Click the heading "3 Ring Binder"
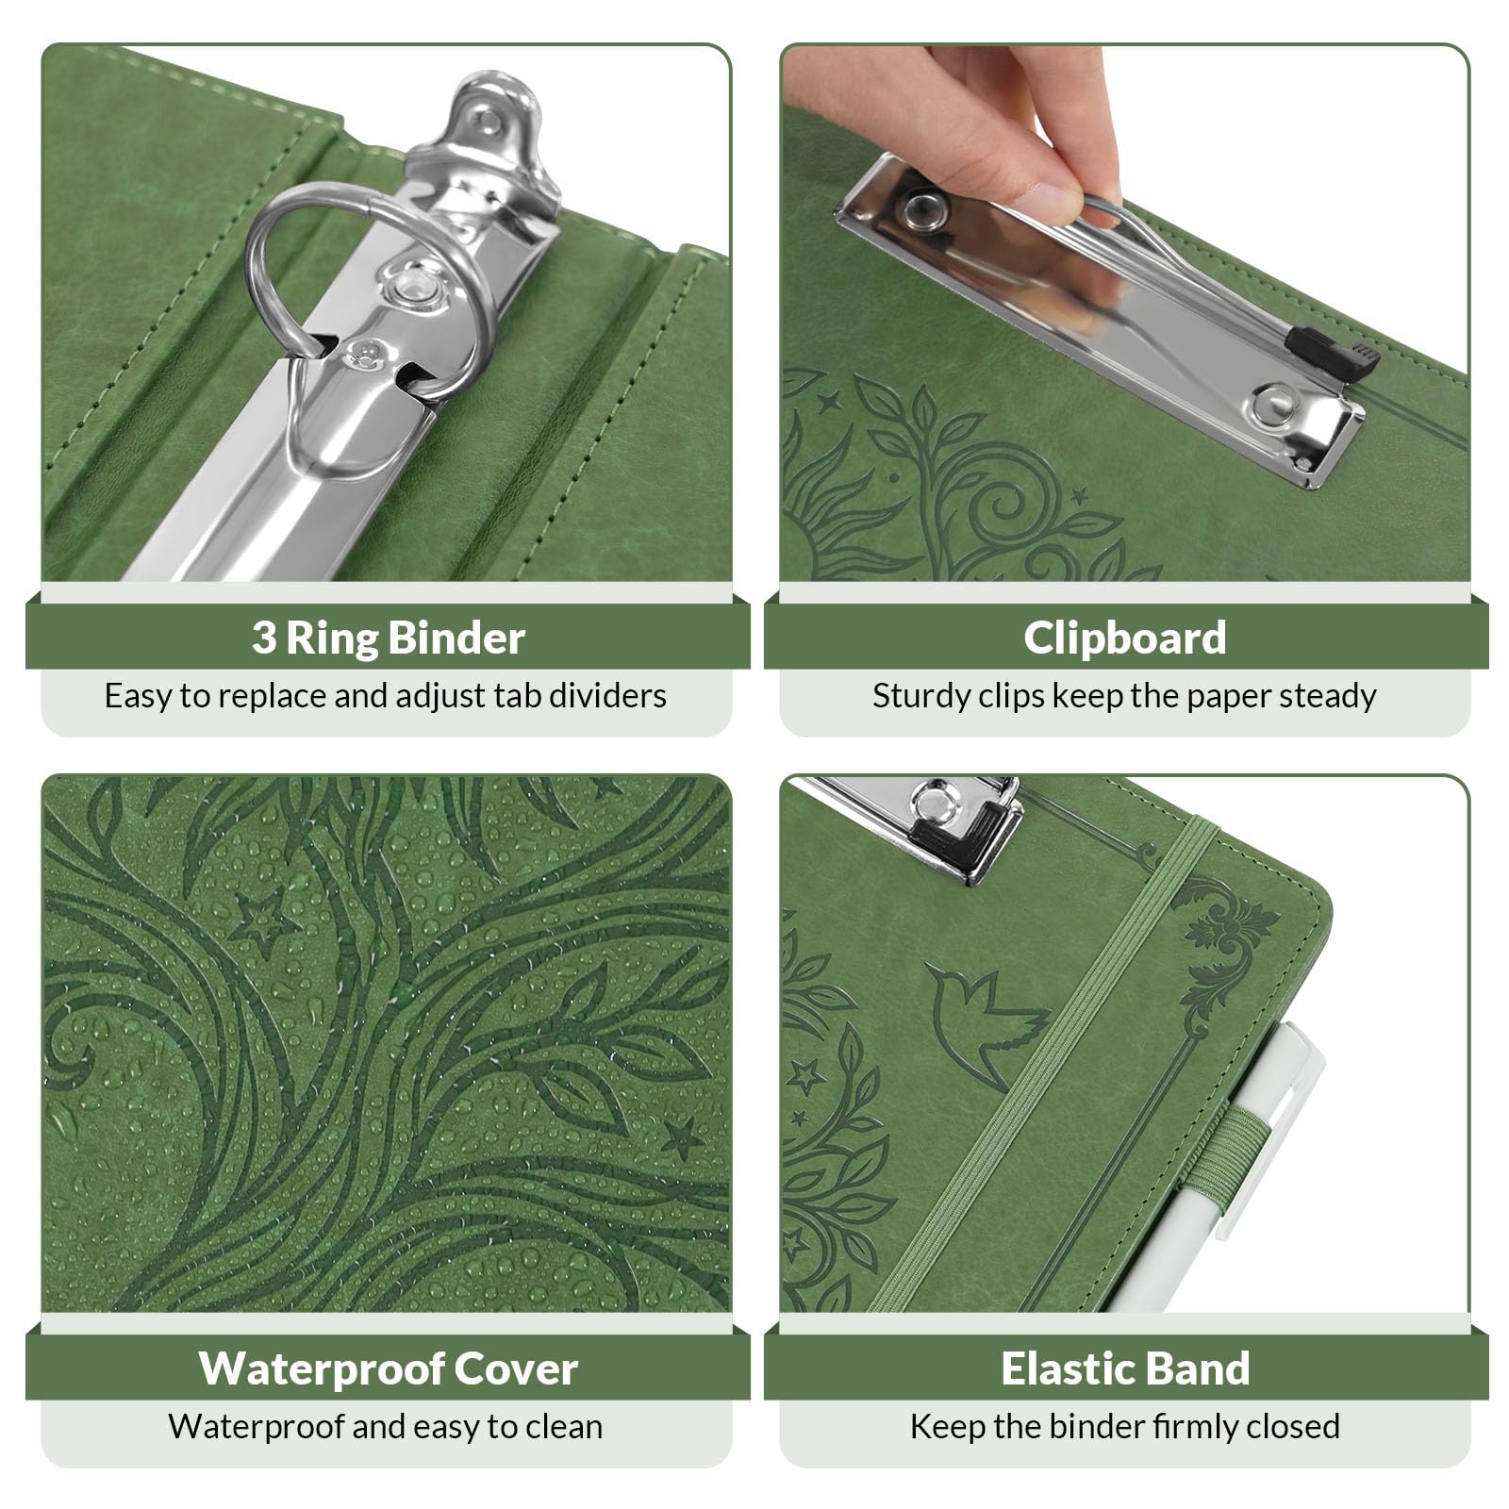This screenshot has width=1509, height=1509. click(388, 638)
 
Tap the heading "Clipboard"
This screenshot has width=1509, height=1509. click(1125, 638)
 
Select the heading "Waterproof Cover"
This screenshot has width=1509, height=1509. click(388, 1368)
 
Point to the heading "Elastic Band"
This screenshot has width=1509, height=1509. click(1125, 1368)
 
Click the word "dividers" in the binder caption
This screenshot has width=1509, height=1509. click(607, 696)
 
